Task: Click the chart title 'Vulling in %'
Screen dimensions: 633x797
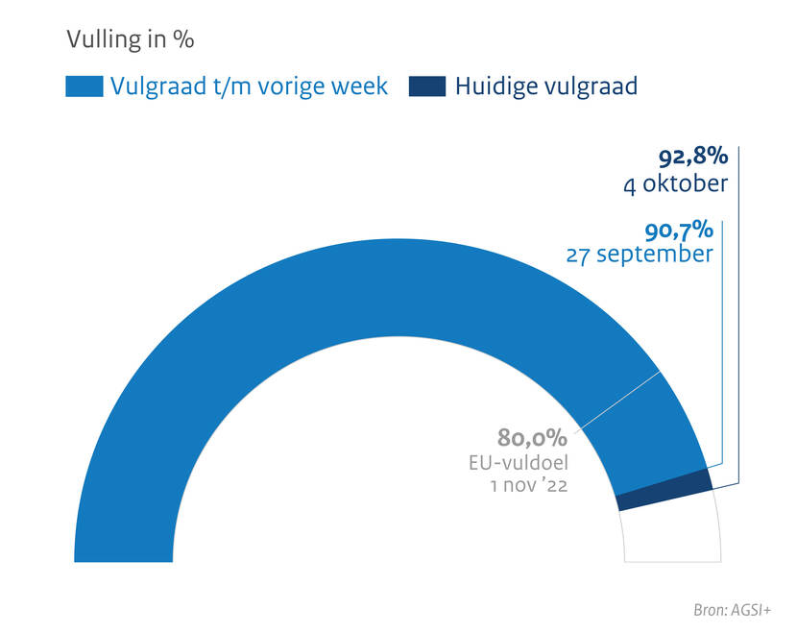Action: coord(131,39)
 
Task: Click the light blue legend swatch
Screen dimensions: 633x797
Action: coord(85,86)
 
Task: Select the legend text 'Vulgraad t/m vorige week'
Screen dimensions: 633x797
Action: coord(249,86)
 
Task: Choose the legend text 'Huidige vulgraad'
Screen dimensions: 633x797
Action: coord(546,86)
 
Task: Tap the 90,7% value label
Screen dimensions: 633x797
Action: coord(677,230)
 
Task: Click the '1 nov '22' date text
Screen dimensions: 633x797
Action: coord(529,486)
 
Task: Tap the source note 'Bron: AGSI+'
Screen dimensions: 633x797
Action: coord(734,610)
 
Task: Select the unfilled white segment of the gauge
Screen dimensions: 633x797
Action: coord(672,533)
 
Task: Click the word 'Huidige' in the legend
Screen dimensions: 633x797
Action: coord(497,86)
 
